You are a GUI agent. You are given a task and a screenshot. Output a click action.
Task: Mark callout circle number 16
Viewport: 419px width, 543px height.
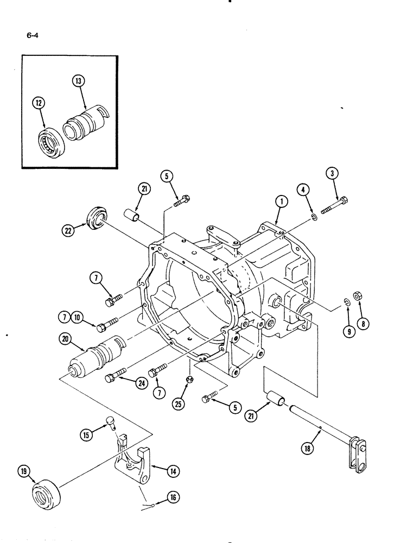(x=173, y=496)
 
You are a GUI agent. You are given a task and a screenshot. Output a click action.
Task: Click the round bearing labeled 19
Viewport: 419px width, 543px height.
(x=46, y=494)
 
